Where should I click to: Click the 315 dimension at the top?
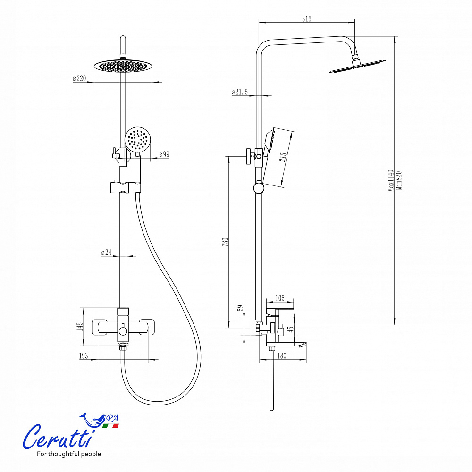[x=306, y=19]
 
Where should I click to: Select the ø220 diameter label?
[x=79, y=78]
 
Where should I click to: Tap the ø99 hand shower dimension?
[x=164, y=154]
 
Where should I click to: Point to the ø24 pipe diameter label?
[x=106, y=252]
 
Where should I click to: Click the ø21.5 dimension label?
[x=240, y=92]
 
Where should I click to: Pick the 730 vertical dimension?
[x=225, y=242]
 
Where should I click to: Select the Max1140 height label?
[x=391, y=180]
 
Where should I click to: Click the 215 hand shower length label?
[x=283, y=157]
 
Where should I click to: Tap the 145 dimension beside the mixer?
[x=79, y=326]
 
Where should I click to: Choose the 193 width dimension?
[x=84, y=356]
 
